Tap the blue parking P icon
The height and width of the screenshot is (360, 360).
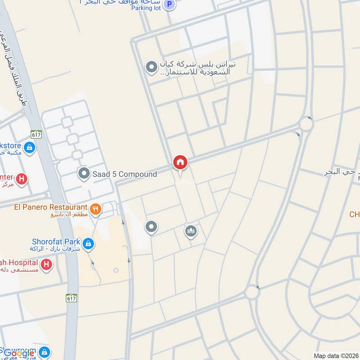tap(169, 5)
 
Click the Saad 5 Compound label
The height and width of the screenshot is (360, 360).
tap(125, 174)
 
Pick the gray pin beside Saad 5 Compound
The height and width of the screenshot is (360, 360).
tap(84, 173)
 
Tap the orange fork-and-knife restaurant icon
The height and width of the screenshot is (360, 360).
tap(95, 208)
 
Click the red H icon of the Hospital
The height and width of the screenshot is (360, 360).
tap(46, 265)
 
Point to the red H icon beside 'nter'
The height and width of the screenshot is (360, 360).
tap(21, 179)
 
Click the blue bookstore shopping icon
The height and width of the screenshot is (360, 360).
tap(30, 148)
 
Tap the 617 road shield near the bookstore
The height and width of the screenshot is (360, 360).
tap(36, 134)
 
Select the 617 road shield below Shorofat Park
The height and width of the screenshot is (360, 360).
tap(71, 298)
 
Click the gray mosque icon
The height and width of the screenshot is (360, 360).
tap(191, 231)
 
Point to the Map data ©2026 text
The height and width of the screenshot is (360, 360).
tap(335, 355)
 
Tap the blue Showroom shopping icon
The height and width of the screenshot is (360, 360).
tap(44, 351)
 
